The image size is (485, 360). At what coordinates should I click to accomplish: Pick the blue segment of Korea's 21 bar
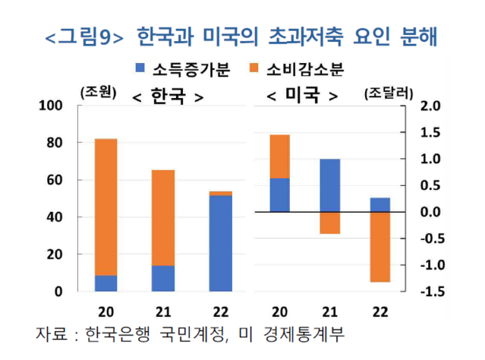(x=162, y=278)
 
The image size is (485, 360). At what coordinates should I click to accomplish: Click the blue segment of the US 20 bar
(x=279, y=195)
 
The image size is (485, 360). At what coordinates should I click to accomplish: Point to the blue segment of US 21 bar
(x=329, y=185)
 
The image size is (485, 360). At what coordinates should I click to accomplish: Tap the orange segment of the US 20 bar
(x=279, y=156)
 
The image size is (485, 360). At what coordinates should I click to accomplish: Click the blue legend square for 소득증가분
(x=140, y=69)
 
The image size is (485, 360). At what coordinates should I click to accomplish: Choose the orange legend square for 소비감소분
(x=254, y=69)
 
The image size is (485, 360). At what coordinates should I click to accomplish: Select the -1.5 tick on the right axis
(x=430, y=292)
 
